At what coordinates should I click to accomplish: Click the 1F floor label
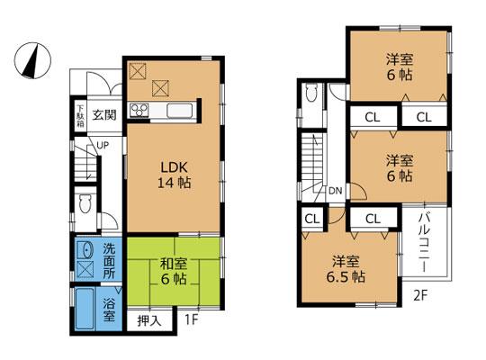[x=192, y=319]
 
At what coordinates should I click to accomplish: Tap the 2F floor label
[x=419, y=292]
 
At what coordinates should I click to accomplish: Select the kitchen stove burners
[x=141, y=110]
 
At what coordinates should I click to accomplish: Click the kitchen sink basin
[x=178, y=112]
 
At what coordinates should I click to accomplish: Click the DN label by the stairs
[x=334, y=191]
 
